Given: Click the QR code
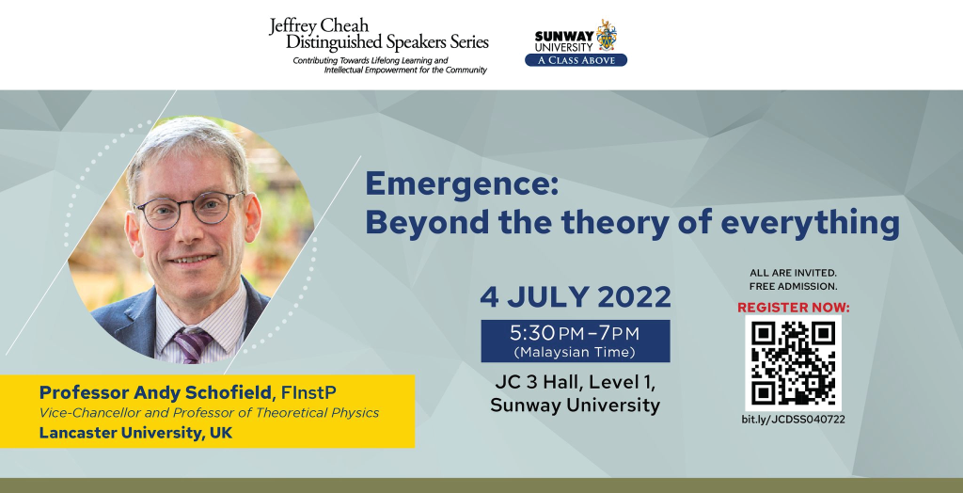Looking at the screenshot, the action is point(793,363).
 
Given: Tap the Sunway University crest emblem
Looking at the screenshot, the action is point(607,35).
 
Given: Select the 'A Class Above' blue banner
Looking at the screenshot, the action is point(576,59).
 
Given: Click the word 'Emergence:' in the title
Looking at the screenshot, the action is point(461,183).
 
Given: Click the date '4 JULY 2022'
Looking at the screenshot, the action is point(576,297).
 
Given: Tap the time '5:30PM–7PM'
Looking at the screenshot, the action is point(575,333).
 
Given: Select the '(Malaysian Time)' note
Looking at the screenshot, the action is point(575,352).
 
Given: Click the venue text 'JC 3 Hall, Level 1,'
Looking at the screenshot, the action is point(575,382).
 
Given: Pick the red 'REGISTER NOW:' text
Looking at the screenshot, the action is point(793,307).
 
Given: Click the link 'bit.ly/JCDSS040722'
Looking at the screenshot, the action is point(793,420).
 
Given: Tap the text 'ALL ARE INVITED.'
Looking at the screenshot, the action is point(793,272).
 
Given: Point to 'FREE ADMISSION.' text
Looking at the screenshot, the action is point(793,286).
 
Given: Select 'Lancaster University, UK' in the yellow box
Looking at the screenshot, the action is point(135,433).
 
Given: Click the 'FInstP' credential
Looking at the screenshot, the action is point(308,392).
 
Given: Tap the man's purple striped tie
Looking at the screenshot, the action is point(192,344).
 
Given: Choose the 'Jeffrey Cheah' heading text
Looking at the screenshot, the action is point(319,26).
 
